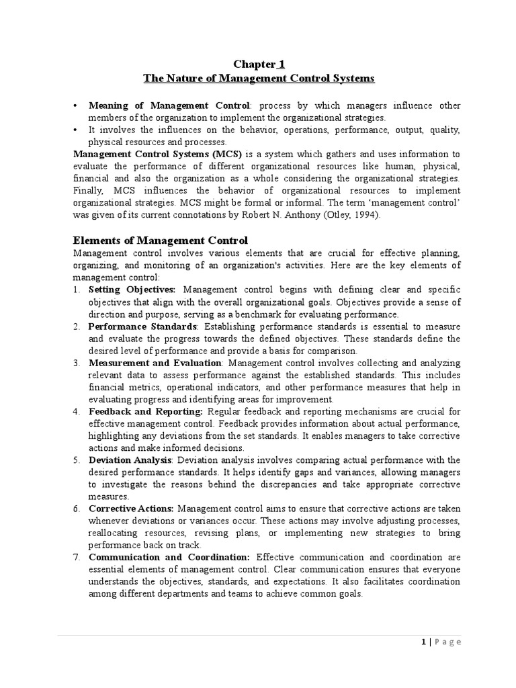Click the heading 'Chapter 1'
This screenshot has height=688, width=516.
pos(259,64)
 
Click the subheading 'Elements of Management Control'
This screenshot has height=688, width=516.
pos(160,240)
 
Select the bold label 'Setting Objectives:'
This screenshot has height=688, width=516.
pos(132,290)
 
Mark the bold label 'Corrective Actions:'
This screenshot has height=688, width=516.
pos(132,509)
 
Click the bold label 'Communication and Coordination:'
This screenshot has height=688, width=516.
pos(169,557)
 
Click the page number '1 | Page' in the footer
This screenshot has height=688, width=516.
pos(437,642)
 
